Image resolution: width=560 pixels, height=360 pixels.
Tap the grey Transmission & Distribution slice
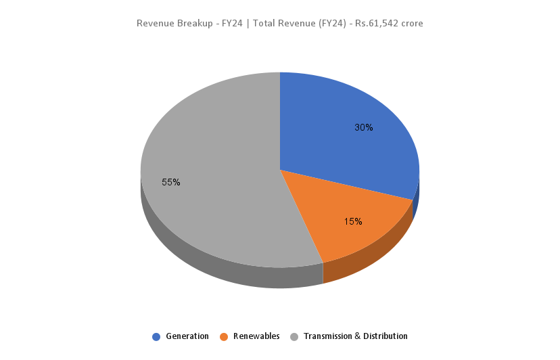210,169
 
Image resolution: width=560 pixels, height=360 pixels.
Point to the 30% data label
364,127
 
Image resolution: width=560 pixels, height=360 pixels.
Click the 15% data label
353,221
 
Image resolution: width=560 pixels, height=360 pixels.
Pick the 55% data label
171,182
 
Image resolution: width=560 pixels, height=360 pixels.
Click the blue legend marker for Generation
157,336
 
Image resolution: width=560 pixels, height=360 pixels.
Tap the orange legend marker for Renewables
224,336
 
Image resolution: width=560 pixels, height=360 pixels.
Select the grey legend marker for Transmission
294,336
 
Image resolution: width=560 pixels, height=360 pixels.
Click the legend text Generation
187,336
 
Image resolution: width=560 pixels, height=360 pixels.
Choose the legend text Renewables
256,336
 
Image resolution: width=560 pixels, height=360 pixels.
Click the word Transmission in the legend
328,336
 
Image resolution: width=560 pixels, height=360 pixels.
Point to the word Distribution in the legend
386,336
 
